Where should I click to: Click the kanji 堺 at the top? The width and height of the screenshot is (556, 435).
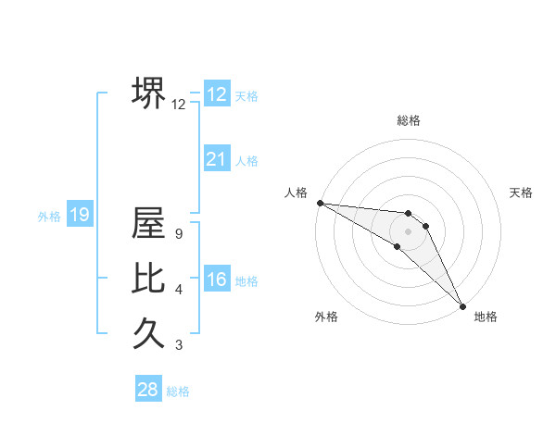[x=148, y=93]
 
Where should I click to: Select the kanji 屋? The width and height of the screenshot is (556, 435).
[x=148, y=223]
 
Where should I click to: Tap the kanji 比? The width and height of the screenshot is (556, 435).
[x=148, y=277]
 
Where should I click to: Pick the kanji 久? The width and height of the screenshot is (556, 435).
[x=148, y=330]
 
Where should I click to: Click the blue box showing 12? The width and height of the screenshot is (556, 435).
[x=217, y=94]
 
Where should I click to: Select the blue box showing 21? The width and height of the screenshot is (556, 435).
[x=217, y=159]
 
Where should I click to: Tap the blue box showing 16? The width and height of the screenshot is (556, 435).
[x=217, y=280]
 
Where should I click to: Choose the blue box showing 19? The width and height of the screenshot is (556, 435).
[x=79, y=216]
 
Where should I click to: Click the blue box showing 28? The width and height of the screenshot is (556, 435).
[x=147, y=390]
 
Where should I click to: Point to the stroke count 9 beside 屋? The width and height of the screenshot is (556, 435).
[x=178, y=234]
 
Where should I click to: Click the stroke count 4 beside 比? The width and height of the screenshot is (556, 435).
[x=178, y=290]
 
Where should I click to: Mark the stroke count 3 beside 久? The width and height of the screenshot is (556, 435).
[x=178, y=345]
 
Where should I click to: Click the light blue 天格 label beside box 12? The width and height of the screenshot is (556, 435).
[x=246, y=96]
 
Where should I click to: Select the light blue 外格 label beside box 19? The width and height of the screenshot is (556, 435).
[x=49, y=217]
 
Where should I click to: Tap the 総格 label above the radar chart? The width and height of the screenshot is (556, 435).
[x=409, y=120]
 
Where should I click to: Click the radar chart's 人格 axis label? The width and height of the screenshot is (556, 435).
[x=296, y=193]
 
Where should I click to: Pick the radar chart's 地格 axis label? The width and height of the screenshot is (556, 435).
[x=486, y=317]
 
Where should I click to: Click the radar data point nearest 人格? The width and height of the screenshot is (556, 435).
[x=320, y=203]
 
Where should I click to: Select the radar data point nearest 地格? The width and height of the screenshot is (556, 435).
[x=462, y=304]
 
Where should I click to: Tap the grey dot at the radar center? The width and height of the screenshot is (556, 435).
[x=409, y=230]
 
